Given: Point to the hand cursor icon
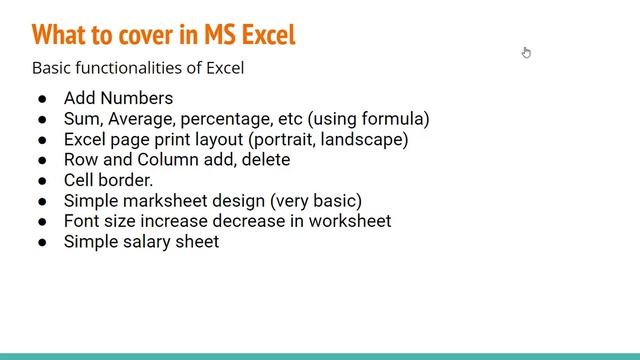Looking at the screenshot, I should [526, 53].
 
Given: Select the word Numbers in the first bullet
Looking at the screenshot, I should [136, 98].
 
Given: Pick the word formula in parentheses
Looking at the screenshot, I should [392, 119].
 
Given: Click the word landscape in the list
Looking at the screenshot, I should [365, 139].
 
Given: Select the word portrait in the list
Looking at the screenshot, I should [285, 139].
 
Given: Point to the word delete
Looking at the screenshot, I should [263, 160].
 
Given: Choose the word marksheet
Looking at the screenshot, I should [166, 201].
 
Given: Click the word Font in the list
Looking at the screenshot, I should [82, 221].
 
